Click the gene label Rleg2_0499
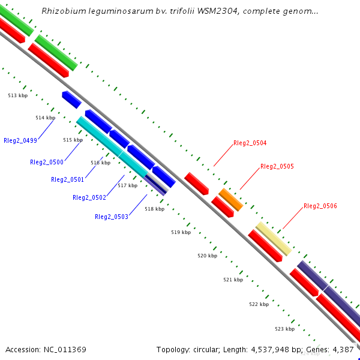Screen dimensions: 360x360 pyautogui.click(x=20, y=140)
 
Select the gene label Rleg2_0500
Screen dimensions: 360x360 pyautogui.click(x=47, y=162)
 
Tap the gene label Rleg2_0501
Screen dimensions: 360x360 pyautogui.click(x=68, y=179)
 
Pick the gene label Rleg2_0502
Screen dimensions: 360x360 pyautogui.click(x=89, y=197)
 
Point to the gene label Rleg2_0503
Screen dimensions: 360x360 pyautogui.click(x=111, y=217)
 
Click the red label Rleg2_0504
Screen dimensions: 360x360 pyautogui.click(x=250, y=143)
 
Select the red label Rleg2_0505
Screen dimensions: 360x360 pyautogui.click(x=277, y=166)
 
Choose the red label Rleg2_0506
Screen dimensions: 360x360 pyautogui.click(x=320, y=206)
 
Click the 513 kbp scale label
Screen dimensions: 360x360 pyautogui.click(x=18, y=95)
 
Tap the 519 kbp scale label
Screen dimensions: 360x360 pyautogui.click(x=181, y=232)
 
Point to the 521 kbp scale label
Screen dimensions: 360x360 pyautogui.click(x=233, y=280)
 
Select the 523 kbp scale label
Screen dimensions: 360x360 pyautogui.click(x=285, y=329)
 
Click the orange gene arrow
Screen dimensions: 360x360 pyautogui.click(x=231, y=199)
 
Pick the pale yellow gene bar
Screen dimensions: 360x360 pyautogui.click(x=274, y=238)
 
